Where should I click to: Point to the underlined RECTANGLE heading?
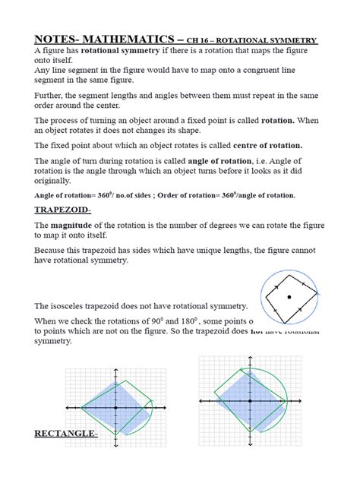point(66,434)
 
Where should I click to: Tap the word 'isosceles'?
point(81,305)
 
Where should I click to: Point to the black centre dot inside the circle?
point(288,297)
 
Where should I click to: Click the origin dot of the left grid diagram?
point(115,409)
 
